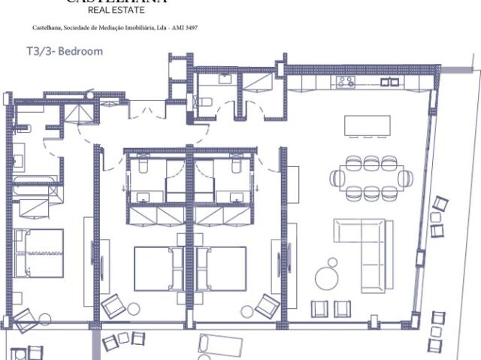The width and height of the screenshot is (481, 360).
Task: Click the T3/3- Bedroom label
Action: pyautogui.click(x=64, y=52)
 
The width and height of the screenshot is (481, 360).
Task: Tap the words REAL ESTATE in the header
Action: pyautogui.click(x=113, y=11)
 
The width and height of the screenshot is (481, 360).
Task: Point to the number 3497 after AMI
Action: pyautogui.click(x=192, y=28)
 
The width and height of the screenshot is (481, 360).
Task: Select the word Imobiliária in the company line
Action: pyautogui.click(x=141, y=28)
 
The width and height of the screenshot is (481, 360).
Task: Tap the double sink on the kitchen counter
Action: pyautogui.click(x=389, y=80)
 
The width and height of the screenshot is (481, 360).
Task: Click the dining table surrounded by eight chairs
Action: pyautogui.click(x=371, y=177)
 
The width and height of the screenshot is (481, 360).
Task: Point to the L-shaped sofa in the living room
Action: pyautogui.click(x=368, y=248)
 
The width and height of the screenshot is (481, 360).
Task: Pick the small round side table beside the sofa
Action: pyautogui.click(x=331, y=262)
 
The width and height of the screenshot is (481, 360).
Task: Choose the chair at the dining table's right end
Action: pyautogui.click(x=406, y=178)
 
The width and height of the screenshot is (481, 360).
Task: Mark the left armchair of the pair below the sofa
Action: pyautogui.click(x=319, y=308)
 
